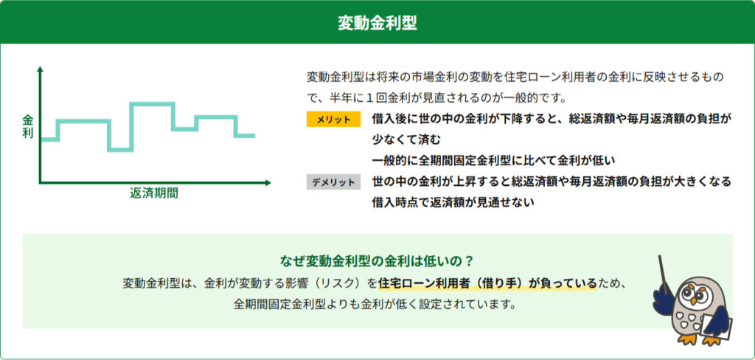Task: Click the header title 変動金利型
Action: (x=377, y=23)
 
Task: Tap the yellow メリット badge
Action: (x=333, y=120)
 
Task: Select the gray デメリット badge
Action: (x=333, y=181)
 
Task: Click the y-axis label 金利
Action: (x=28, y=127)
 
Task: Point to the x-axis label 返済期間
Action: (x=153, y=193)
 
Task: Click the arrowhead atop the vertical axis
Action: (x=40, y=69)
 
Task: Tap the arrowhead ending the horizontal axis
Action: (x=268, y=183)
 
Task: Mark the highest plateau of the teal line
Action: (x=152, y=103)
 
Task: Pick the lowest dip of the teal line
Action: (x=120, y=150)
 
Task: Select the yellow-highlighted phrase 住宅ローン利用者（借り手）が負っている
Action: (x=487, y=283)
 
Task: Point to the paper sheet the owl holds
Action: (x=717, y=327)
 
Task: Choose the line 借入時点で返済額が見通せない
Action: (x=453, y=202)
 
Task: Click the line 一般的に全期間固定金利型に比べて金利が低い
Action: (x=494, y=160)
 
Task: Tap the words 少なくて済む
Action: (x=406, y=139)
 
